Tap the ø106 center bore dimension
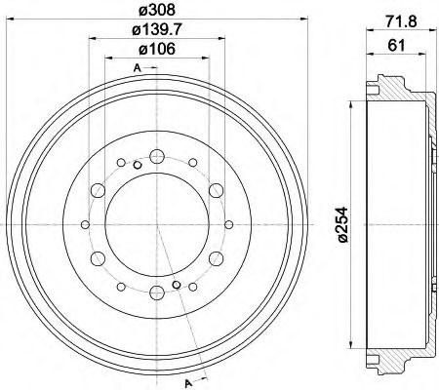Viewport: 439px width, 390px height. (x=158, y=52)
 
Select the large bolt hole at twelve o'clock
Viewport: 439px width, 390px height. (x=158, y=154)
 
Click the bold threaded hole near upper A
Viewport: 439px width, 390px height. (x=139, y=165)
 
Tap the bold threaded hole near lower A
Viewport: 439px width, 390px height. (x=176, y=285)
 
